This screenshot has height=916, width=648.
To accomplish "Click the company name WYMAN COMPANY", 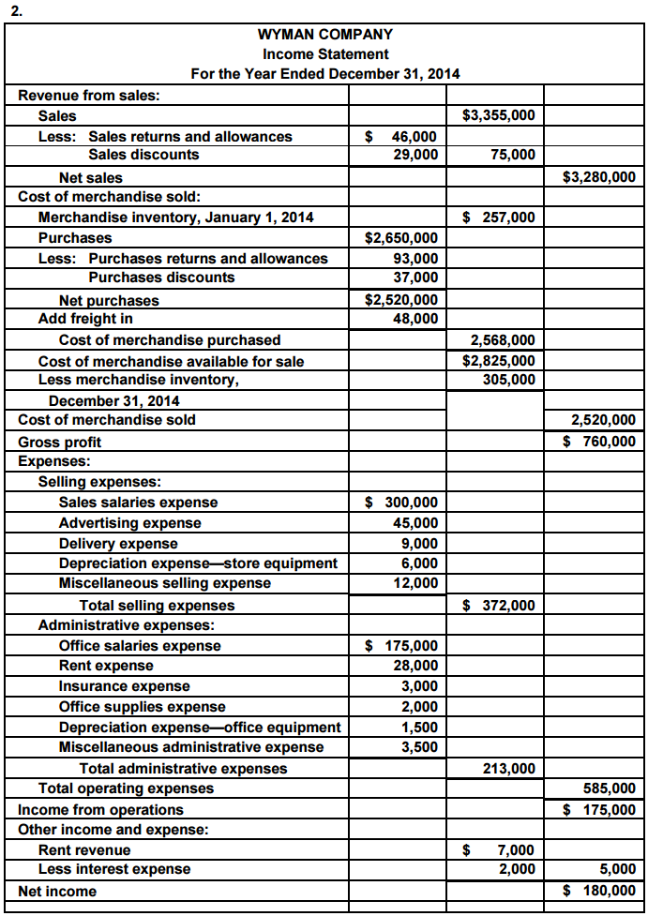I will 324,35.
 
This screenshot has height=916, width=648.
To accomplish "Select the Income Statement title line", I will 324,54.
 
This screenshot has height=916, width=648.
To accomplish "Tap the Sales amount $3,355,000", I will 500,116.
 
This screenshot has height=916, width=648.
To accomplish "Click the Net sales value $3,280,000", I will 598,176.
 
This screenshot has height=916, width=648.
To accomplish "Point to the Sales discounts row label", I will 143,155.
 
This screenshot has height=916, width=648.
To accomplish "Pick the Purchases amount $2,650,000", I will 400,238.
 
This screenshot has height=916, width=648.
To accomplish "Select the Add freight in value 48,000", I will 414,319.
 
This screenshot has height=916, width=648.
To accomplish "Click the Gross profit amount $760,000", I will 599,441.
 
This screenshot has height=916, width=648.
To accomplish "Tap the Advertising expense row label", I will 129,523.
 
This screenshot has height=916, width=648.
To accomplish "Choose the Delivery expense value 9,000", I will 419,543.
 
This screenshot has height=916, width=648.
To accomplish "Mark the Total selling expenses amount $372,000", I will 501,606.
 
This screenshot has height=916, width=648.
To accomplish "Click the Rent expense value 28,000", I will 415,666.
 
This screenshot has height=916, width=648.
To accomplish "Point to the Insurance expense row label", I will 124,686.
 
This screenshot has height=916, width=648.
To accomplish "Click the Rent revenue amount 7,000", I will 515,850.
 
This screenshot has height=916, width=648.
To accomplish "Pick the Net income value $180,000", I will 599,891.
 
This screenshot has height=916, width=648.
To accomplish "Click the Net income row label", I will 57,891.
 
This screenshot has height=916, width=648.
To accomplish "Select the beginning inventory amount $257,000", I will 501,218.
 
